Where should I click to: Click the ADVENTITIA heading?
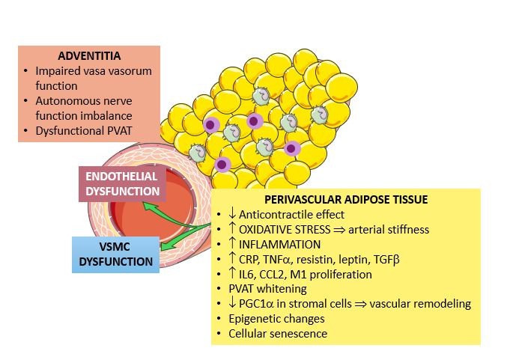[x=88, y=56]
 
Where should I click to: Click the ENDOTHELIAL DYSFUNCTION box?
[x=121, y=183]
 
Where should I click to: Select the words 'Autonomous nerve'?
[x=81, y=100]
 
